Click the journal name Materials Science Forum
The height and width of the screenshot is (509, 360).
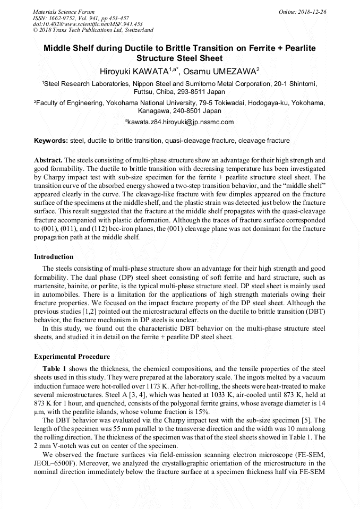[64, 12]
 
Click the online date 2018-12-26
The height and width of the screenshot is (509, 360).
[310, 12]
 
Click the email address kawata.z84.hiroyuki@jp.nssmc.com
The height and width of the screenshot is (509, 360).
[181, 122]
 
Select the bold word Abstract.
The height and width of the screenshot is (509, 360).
[48, 160]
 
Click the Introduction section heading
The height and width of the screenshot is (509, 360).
[54, 257]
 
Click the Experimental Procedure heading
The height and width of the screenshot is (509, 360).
[72, 357]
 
